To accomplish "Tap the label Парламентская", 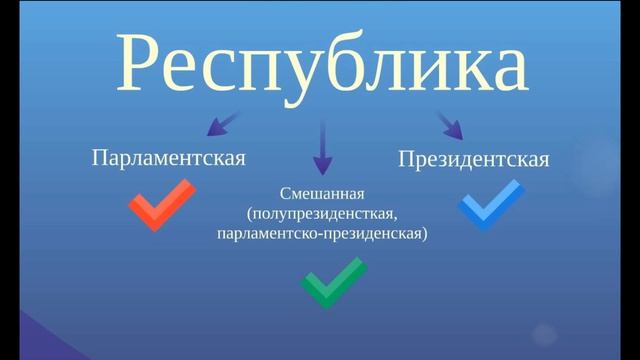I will pyautogui.click(x=168, y=157).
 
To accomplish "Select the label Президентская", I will pyautogui.click(x=473, y=159).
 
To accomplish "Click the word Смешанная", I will pyautogui.click(x=320, y=193).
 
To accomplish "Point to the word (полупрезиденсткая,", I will pyautogui.click(x=320, y=214).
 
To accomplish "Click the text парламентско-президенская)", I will pyautogui.click(x=320, y=234).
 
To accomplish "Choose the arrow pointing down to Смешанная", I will pyautogui.click(x=322, y=148).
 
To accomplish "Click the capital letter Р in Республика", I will pyautogui.click(x=140, y=62).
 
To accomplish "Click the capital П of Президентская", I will pyautogui.click(x=405, y=159).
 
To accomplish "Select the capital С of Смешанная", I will pyautogui.click(x=284, y=193).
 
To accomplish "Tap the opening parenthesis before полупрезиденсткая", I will pyautogui.click(x=246, y=214).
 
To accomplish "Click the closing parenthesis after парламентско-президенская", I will pyautogui.click(x=424, y=234).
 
